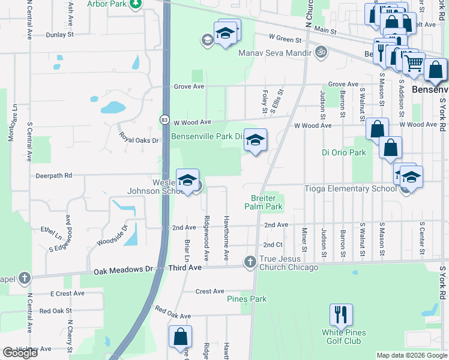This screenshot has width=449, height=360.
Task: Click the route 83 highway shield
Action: tap(164, 120)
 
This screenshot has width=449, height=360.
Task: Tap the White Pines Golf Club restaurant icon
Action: tap(341, 315)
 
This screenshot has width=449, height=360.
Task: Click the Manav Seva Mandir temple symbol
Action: tap(321, 52)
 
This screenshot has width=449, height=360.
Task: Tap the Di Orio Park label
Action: tap(343, 152)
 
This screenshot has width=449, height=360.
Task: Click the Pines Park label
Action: tap(246, 299)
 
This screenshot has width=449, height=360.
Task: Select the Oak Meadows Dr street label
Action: tap(123, 271)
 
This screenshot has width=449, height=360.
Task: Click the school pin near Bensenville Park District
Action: tap(255, 140)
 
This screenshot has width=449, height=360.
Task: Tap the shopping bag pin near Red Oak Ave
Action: tap(180, 337)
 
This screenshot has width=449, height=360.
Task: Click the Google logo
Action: tap(20, 353)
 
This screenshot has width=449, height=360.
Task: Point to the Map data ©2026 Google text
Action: tap(412, 355)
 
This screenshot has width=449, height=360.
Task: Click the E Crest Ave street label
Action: tap(68, 293)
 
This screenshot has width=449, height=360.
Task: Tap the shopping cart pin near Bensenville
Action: tap(413, 63)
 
